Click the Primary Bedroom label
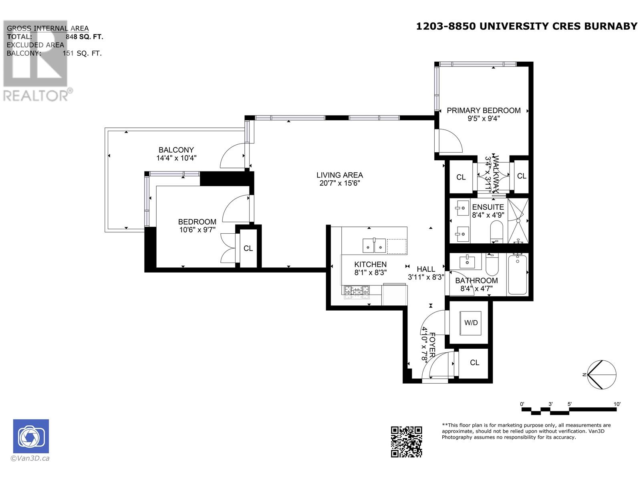(484, 110)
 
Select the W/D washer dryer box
(471, 323)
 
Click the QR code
(406, 442)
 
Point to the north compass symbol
(601, 374)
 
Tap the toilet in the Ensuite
(497, 233)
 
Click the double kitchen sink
(374, 245)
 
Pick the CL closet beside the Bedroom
(248, 249)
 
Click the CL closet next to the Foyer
(474, 363)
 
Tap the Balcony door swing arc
(232, 157)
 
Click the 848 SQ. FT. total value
(85, 37)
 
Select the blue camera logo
(31, 436)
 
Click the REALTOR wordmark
(36, 95)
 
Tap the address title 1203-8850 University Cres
(526, 26)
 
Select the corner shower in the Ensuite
(518, 221)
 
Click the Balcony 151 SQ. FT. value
(82, 53)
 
